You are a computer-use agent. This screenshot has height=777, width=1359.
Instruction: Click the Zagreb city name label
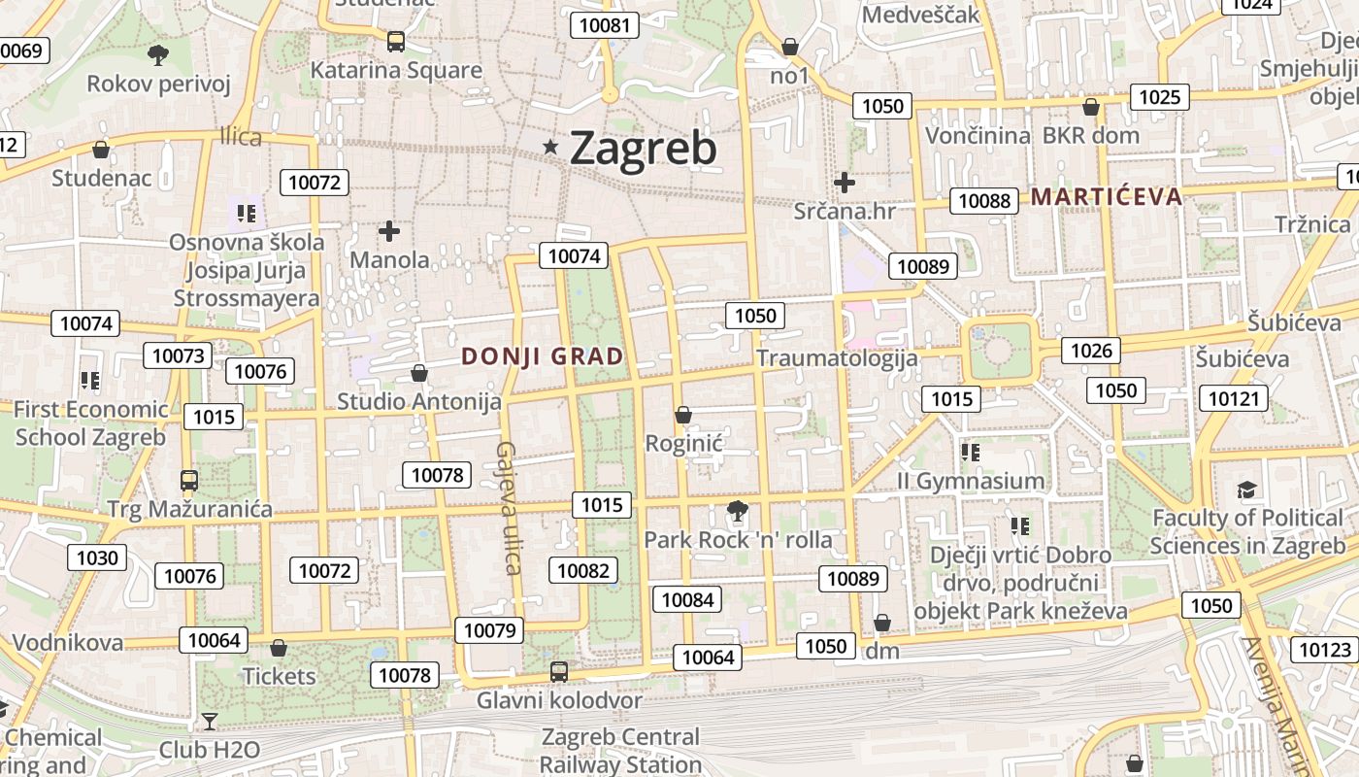coord(643,148)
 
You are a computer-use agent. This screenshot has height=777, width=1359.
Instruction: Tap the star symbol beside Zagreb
coord(551,147)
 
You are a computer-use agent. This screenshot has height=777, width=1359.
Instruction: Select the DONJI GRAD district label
coord(543,356)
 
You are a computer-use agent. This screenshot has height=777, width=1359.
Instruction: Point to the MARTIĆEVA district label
coord(1107,197)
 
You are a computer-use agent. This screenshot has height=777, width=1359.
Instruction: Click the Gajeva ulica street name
coord(509,507)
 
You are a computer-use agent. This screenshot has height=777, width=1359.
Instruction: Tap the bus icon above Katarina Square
coord(395,42)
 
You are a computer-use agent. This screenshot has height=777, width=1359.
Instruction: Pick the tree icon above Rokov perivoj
coord(157,54)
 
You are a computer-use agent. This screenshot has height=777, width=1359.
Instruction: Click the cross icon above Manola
coord(389,231)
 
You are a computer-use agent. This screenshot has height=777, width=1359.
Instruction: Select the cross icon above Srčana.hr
coord(845,182)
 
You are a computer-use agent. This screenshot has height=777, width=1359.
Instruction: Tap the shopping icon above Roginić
coord(683,415)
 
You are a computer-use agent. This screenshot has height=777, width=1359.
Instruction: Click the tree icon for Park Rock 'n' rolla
coord(738,511)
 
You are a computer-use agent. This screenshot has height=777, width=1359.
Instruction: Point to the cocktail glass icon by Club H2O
coord(209,721)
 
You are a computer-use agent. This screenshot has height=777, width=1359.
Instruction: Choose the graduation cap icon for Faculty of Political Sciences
coord(1247,490)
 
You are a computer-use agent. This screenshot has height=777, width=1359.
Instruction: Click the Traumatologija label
coord(837,358)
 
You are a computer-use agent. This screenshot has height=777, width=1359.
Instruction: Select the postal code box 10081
coord(604,25)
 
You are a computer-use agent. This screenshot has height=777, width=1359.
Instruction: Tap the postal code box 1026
coord(1091,351)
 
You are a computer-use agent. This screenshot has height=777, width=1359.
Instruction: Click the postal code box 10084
coord(687,599)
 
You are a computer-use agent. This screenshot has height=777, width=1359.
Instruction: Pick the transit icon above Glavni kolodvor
coord(558,671)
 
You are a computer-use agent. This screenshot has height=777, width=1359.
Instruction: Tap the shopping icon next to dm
coord(882,623)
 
